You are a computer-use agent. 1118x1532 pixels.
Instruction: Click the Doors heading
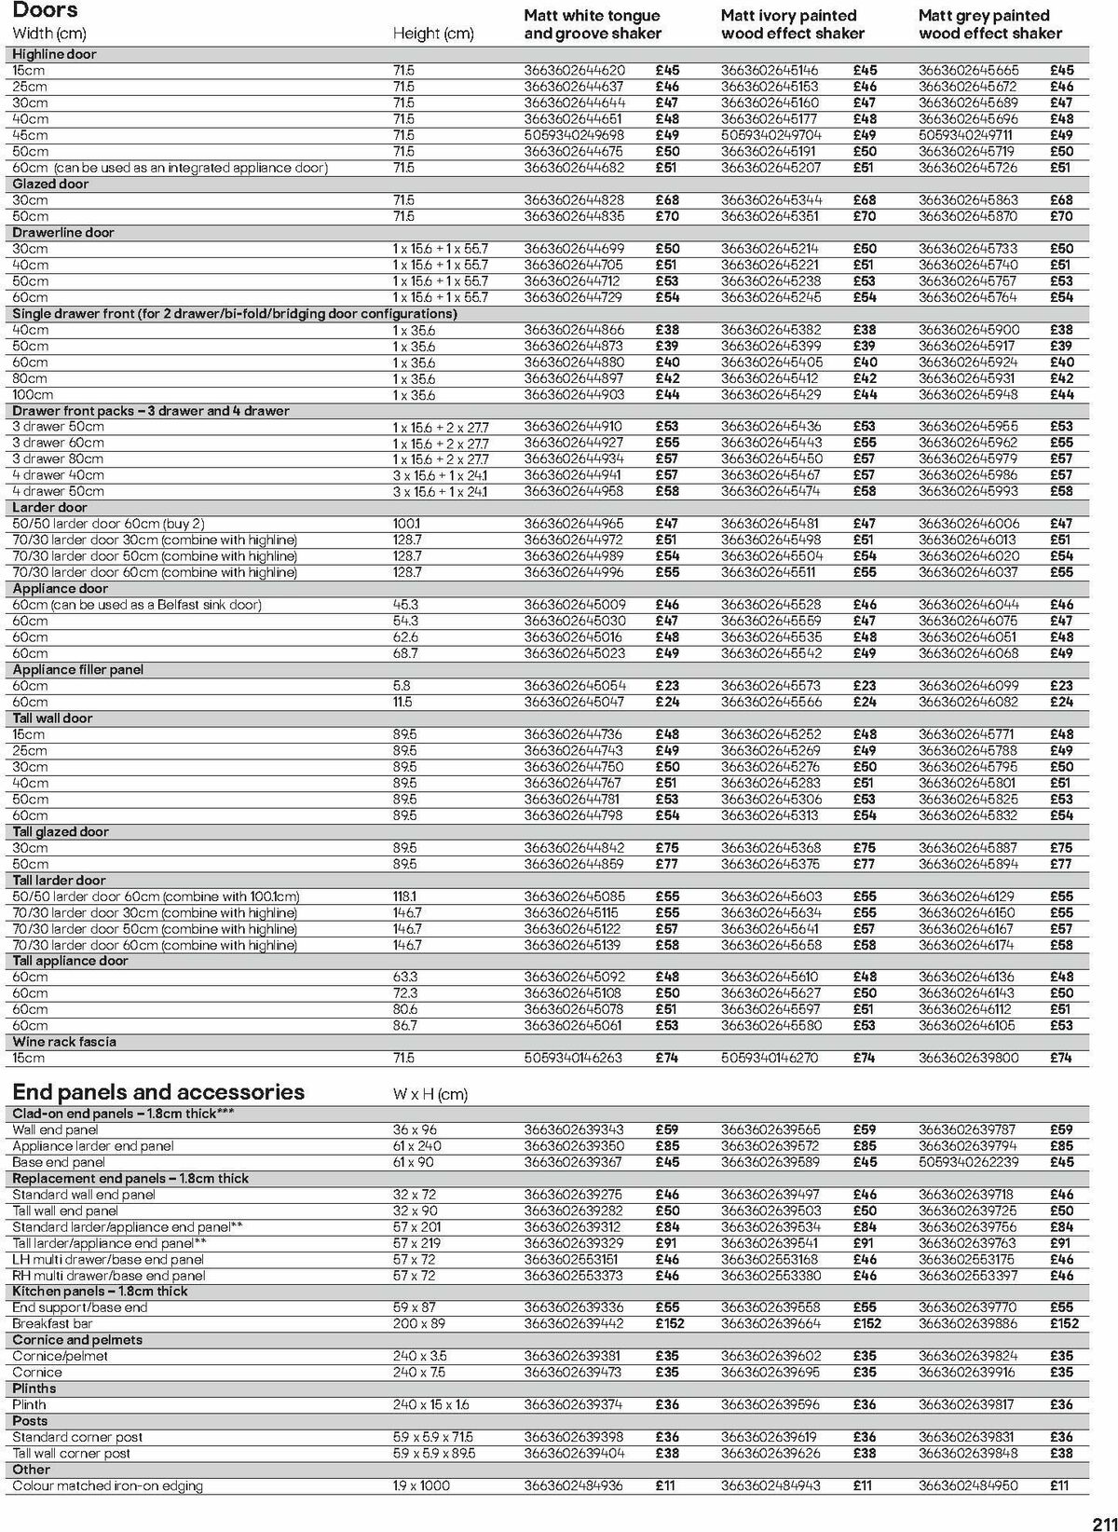[x=45, y=10]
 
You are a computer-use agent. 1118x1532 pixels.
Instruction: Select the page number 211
[x=1099, y=1517]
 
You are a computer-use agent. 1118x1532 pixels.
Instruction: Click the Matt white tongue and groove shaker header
[x=592, y=24]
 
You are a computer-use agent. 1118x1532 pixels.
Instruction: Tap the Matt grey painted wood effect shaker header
[x=989, y=24]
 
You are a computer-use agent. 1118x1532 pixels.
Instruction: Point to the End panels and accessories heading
[x=158, y=1092]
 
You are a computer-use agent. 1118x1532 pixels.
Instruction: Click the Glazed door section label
[x=50, y=184]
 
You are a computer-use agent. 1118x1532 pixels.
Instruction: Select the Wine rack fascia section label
[x=64, y=1042]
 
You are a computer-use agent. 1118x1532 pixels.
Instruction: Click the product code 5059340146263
[x=573, y=1058]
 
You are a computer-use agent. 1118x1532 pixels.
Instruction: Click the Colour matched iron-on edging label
[x=107, y=1485]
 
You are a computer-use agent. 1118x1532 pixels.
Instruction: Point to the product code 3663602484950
[x=968, y=1485]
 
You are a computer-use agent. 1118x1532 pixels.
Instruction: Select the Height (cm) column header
[x=433, y=34]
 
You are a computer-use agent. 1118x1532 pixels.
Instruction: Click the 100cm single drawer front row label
[x=33, y=394]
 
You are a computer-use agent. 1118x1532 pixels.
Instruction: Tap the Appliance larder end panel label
[x=93, y=1145]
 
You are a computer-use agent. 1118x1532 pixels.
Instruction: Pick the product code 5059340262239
[x=968, y=1162]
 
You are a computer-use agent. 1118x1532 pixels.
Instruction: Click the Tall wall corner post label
[x=72, y=1453]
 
